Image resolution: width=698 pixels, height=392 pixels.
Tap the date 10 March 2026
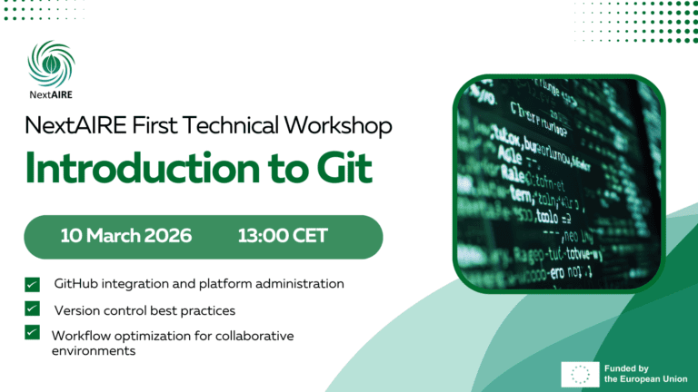pyautogui.click(x=126, y=236)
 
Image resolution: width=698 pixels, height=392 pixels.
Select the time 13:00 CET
pyautogui.click(x=283, y=236)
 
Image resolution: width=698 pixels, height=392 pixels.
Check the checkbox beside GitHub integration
pyautogui.click(x=33, y=284)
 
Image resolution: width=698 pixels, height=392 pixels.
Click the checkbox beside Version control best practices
pyautogui.click(x=33, y=309)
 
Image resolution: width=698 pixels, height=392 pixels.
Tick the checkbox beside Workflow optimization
pyautogui.click(x=33, y=333)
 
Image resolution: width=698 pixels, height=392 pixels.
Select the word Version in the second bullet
pyautogui.click(x=79, y=310)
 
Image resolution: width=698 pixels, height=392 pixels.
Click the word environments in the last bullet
pyautogui.click(x=94, y=350)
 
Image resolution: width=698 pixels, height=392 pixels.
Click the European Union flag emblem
pyautogui.click(x=579, y=374)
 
